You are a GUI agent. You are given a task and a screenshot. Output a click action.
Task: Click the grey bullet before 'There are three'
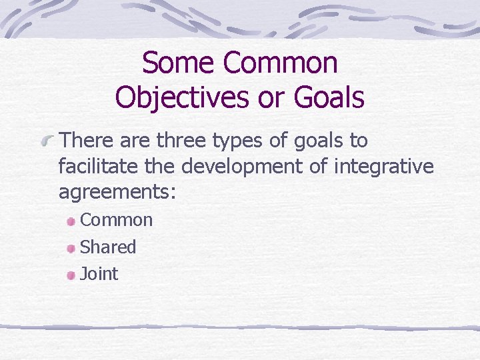(45, 142)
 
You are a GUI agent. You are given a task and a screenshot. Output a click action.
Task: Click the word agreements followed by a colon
(117, 193)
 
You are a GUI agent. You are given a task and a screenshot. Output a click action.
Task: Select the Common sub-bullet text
(116, 220)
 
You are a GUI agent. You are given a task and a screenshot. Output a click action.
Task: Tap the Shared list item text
(107, 247)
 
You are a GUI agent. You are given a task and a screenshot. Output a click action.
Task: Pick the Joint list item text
(99, 273)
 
